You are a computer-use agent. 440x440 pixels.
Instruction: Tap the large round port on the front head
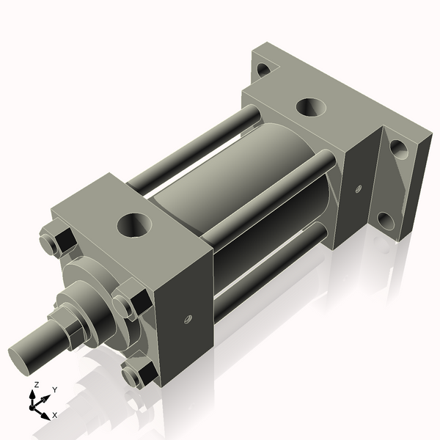coord(134,224)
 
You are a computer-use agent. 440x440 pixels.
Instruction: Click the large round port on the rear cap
coord(312,107)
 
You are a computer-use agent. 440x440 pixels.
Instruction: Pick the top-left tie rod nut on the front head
coord(54,241)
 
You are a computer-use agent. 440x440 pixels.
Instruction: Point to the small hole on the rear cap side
coord(358,188)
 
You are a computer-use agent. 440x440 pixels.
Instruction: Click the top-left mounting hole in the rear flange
coord(263,71)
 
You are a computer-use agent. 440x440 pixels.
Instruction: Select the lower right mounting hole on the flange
coord(386,219)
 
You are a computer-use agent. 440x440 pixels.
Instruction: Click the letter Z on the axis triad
coord(36,384)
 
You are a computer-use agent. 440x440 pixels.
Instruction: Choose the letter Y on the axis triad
coord(54,390)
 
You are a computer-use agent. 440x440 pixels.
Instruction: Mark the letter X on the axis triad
coord(55,415)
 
